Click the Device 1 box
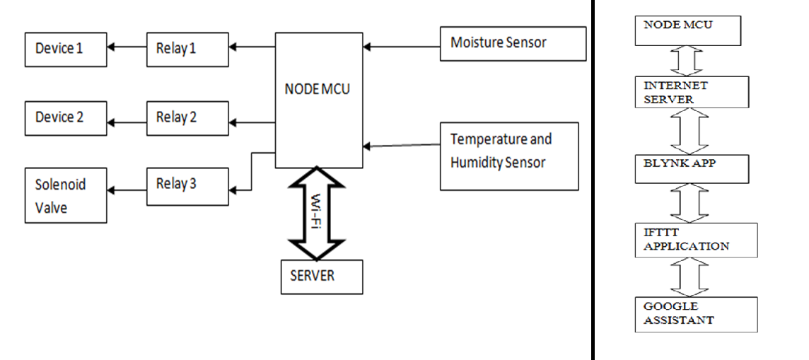coord(66,50)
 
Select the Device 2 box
coord(66,118)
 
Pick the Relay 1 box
coord(187,50)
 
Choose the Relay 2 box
coord(187,118)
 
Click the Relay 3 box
coord(187,185)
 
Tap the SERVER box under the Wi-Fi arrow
coord(322,277)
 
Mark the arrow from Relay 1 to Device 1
coord(127,47)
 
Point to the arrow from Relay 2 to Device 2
coord(127,122)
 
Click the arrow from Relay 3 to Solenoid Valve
coord(127,190)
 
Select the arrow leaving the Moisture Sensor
coord(402,47)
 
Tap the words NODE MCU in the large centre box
coord(317,91)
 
